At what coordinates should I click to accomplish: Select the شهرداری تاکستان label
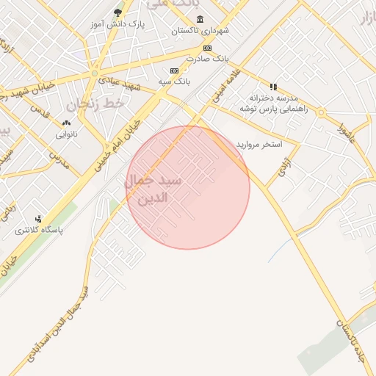coord(200,31)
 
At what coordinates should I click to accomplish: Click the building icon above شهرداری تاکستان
coord(200,19)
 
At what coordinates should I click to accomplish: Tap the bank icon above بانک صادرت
coord(208,48)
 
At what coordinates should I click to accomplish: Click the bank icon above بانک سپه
coord(174,70)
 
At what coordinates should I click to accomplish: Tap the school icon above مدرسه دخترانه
coord(274,87)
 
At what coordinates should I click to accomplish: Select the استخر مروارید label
coord(259,145)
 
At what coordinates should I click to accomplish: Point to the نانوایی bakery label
coord(67,134)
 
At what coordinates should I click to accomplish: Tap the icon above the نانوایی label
coord(67,123)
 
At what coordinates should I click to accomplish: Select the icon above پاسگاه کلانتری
coord(39,219)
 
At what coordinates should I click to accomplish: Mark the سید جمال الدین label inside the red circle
coord(156,189)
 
